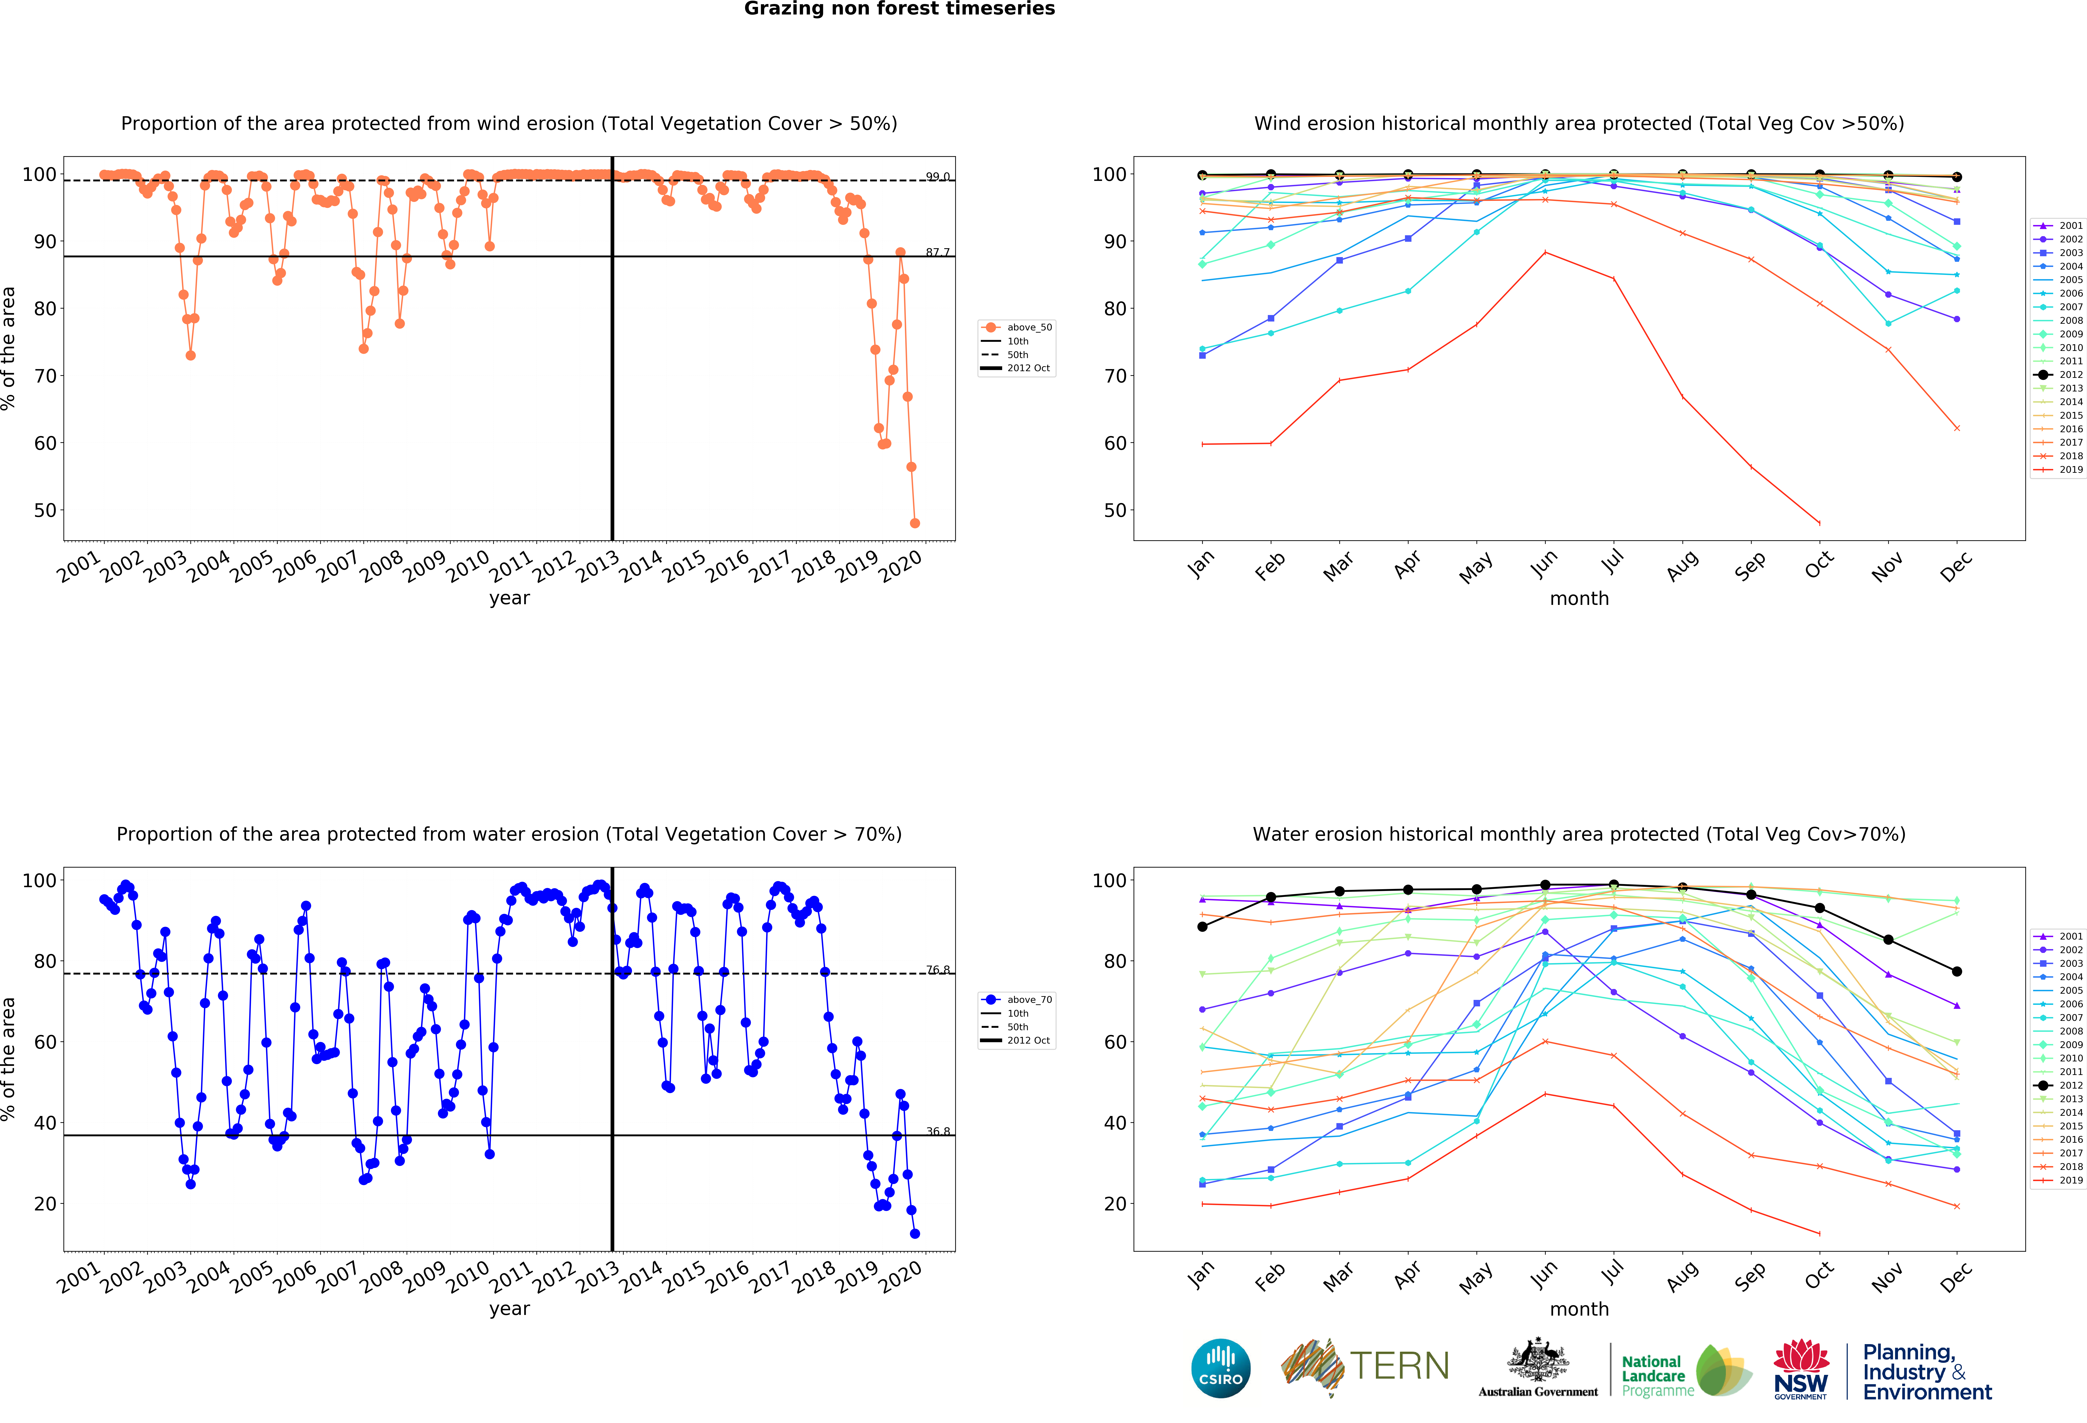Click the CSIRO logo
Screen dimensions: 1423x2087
tap(1220, 1368)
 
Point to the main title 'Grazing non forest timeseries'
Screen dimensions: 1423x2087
tap(899, 9)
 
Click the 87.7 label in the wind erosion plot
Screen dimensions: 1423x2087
tap(938, 252)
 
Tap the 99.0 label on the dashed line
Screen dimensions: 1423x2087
tap(938, 177)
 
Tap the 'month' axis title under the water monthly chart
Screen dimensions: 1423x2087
tap(1579, 1309)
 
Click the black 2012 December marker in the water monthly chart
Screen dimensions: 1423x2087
tap(1957, 971)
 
